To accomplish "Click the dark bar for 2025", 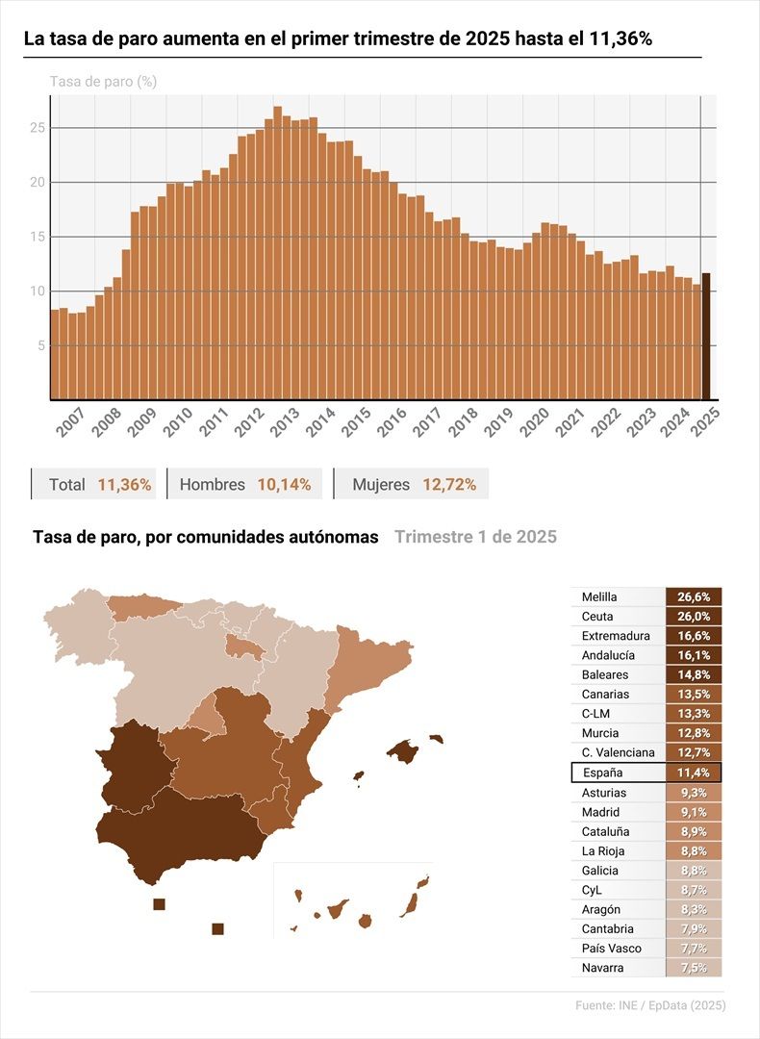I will click(x=705, y=336).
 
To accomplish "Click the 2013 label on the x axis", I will click(x=285, y=422).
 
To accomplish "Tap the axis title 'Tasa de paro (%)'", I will click(x=103, y=82).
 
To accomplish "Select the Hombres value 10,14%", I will click(x=284, y=485).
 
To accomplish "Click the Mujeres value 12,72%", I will click(x=448, y=485).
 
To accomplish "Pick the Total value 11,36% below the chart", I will click(x=124, y=485).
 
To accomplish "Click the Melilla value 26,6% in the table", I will click(x=693, y=597).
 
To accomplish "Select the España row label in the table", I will click(x=603, y=773).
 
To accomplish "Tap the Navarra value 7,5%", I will click(x=693, y=968).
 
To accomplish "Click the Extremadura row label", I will click(x=616, y=636).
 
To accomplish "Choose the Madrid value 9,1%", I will click(x=693, y=812).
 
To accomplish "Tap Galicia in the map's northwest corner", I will click(x=77, y=625).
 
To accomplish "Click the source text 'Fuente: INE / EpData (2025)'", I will click(x=650, y=1005).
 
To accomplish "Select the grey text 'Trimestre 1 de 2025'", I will click(x=475, y=537).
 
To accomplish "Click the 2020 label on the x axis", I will click(x=533, y=422).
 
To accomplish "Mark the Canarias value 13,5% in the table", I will click(x=693, y=695).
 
